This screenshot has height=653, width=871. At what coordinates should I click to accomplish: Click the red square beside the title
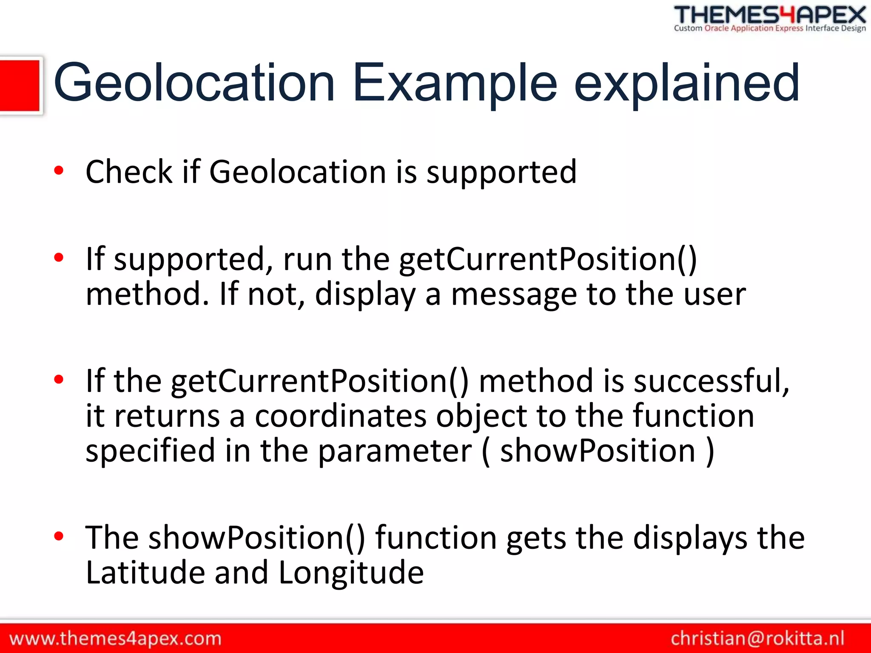click(20, 85)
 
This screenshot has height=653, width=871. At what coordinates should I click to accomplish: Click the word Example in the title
click(455, 83)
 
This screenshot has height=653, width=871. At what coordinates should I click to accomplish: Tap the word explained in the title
click(686, 83)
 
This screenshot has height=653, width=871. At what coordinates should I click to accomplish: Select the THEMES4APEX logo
click(770, 15)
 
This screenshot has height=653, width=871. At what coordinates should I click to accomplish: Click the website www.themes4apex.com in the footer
click(115, 639)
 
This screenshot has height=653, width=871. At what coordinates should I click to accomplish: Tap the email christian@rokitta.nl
click(757, 639)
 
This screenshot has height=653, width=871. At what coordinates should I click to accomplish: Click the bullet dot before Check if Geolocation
click(59, 170)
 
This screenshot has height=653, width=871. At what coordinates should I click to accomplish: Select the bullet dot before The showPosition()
click(59, 536)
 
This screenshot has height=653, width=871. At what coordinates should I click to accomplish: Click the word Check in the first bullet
click(129, 172)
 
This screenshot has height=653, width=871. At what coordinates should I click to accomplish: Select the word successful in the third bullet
click(711, 381)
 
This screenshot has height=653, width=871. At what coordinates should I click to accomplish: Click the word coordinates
click(341, 416)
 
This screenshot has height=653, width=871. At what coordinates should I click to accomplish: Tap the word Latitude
click(145, 573)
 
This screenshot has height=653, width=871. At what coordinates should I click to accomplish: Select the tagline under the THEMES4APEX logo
click(770, 28)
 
